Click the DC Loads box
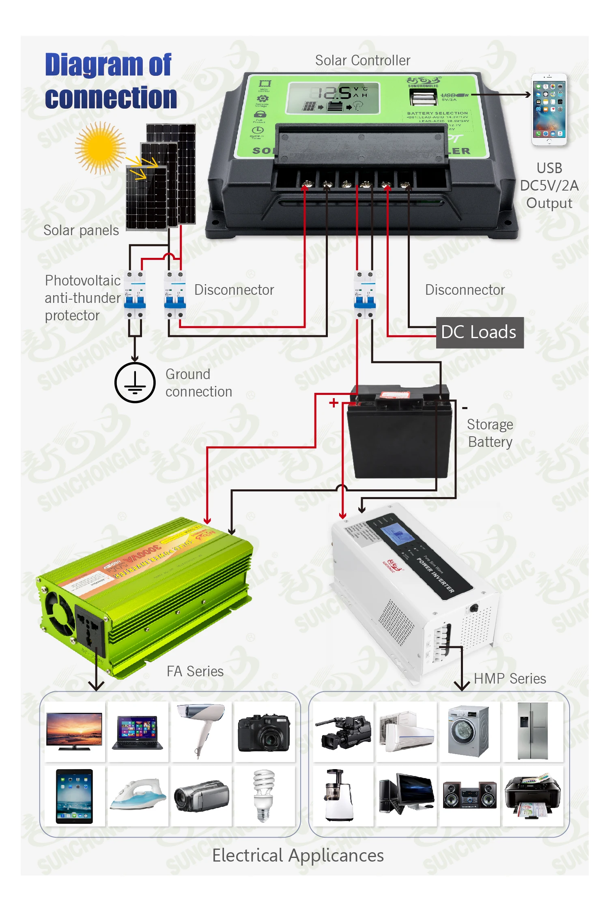point(480,332)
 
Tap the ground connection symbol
point(135,382)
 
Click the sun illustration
point(100,148)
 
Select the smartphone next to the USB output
point(549,109)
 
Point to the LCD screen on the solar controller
point(333,98)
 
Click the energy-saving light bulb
point(264,795)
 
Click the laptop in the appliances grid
point(138,733)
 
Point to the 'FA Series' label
point(195,671)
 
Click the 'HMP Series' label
point(510,679)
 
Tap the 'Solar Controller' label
point(363,60)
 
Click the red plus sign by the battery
point(334,403)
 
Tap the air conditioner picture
point(406,732)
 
